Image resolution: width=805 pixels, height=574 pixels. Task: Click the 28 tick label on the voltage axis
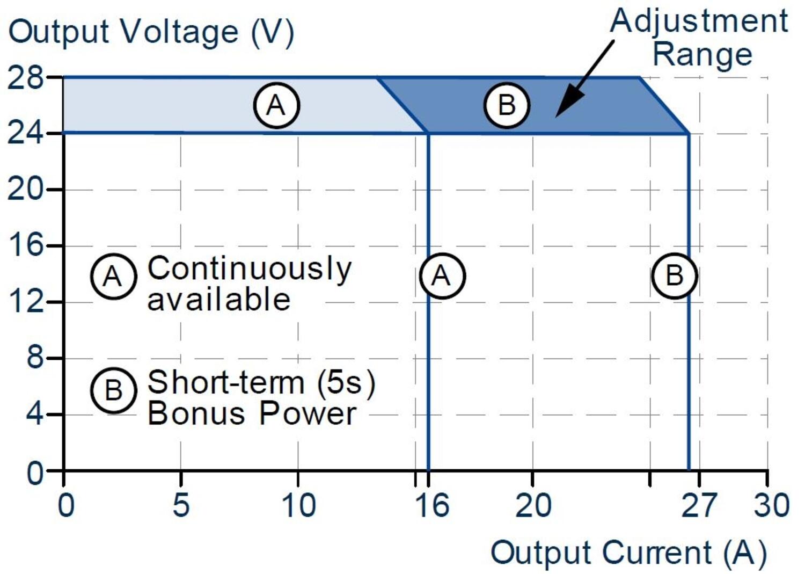pyautogui.click(x=25, y=78)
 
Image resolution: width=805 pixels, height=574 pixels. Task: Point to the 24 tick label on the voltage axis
pyautogui.click(x=25, y=133)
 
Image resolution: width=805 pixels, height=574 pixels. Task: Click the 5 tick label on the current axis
pyautogui.click(x=181, y=505)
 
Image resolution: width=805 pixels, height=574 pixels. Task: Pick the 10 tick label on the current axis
pyautogui.click(x=298, y=505)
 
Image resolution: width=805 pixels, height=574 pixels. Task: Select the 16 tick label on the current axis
pyautogui.click(x=432, y=505)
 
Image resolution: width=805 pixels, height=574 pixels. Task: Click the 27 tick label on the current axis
pyautogui.click(x=698, y=505)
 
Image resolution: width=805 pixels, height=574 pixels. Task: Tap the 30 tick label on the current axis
pyautogui.click(x=771, y=505)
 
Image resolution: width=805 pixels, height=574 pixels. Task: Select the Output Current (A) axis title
pyautogui.click(x=628, y=553)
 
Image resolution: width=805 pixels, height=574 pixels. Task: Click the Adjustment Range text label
pyautogui.click(x=700, y=38)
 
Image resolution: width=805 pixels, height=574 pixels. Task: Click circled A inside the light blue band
pyautogui.click(x=276, y=105)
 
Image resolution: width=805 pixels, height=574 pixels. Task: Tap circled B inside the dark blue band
pyautogui.click(x=507, y=105)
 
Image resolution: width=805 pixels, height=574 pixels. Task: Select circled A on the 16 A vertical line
pyautogui.click(x=442, y=276)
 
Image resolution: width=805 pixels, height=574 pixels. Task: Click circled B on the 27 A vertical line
pyautogui.click(x=674, y=276)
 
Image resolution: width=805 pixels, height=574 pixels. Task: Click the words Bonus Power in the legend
pyautogui.click(x=251, y=413)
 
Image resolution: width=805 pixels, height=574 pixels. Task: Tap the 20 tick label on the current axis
pyautogui.click(x=533, y=505)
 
